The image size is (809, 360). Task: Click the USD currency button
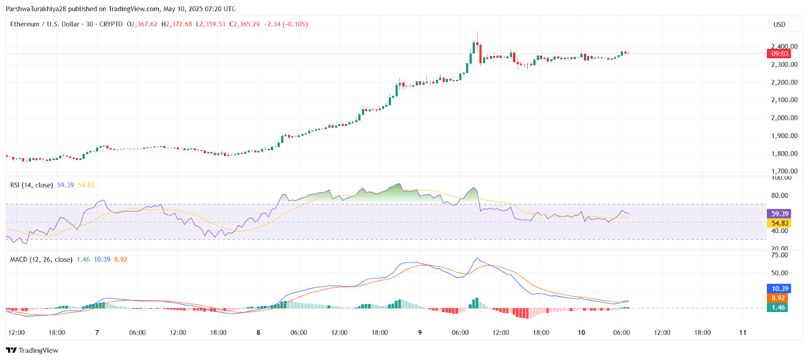pyautogui.click(x=780, y=24)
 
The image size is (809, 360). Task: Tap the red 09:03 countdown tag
pyautogui.click(x=780, y=54)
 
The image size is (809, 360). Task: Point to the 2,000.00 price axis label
pyautogui.click(x=784, y=118)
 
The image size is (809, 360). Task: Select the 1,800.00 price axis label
pyautogui.click(x=784, y=154)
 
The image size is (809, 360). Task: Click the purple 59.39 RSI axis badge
pyautogui.click(x=779, y=214)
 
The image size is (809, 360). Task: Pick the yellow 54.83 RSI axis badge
pyautogui.click(x=779, y=223)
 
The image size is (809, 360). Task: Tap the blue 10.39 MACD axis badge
pyautogui.click(x=779, y=289)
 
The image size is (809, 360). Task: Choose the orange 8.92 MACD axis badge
pyautogui.click(x=778, y=298)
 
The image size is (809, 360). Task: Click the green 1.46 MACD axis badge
pyautogui.click(x=778, y=307)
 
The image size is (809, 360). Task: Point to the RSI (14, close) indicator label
pyautogui.click(x=31, y=185)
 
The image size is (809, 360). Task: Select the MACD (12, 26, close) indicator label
pyautogui.click(x=41, y=259)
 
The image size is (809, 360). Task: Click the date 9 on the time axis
pyautogui.click(x=420, y=332)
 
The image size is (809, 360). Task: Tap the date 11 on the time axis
pyautogui.click(x=742, y=332)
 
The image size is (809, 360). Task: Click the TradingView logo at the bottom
pyautogui.click(x=32, y=350)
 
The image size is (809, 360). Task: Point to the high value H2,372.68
pyautogui.click(x=176, y=24)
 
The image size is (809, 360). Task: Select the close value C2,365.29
pyautogui.click(x=245, y=24)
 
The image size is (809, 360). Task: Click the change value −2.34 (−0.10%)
pyautogui.click(x=286, y=24)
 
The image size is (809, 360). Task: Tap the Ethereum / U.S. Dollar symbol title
pyautogui.click(x=45, y=24)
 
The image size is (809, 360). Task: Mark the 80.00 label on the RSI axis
pyautogui.click(x=780, y=195)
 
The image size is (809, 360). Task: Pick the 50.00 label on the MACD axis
pyautogui.click(x=780, y=273)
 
